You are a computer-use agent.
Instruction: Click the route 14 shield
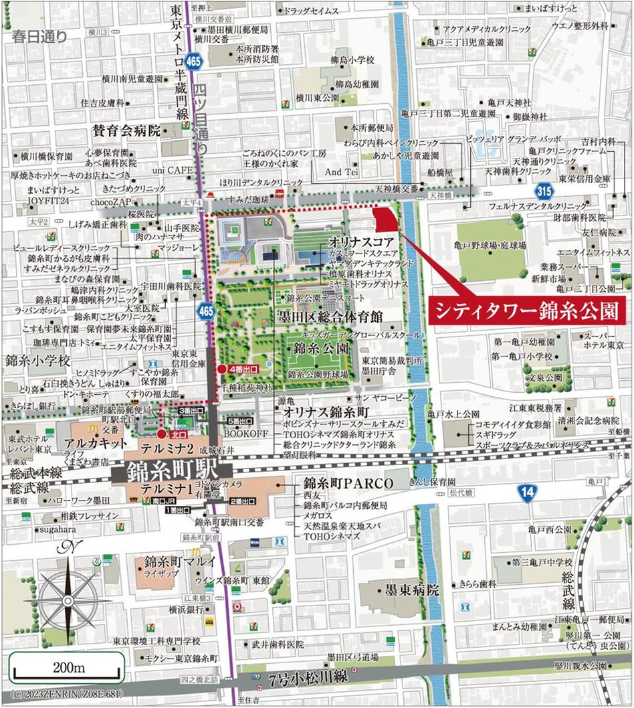528,494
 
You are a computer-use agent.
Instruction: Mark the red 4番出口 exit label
242,368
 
